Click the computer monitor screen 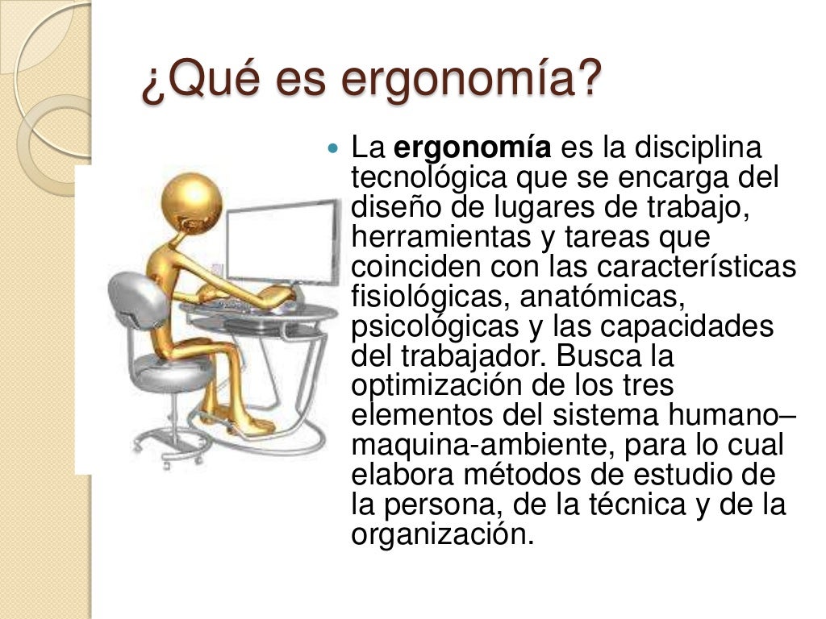[x=282, y=241]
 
